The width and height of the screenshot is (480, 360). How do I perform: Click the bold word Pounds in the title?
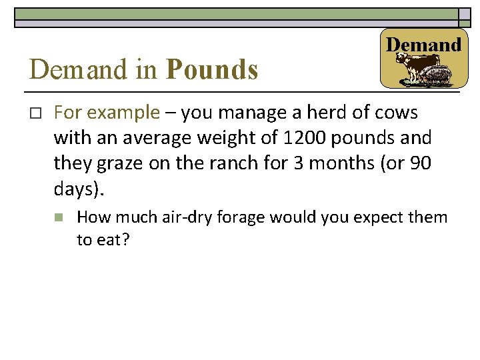212,69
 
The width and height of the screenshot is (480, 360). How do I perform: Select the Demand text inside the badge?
424,45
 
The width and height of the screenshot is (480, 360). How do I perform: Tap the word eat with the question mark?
112,239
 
